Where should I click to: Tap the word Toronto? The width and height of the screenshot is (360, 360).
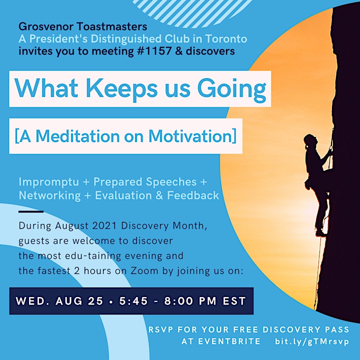coord(226,38)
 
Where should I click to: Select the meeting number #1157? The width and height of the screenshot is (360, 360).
coord(154,51)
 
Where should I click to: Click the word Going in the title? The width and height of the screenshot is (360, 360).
coord(231,89)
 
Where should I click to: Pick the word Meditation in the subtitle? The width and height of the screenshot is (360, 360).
coord(78,136)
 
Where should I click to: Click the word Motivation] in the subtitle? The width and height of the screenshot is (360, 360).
coord(192,136)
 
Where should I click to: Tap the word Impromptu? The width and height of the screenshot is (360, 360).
coord(49,182)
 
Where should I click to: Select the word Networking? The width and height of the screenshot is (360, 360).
coord(49,195)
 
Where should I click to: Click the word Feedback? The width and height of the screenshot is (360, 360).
coord(193,195)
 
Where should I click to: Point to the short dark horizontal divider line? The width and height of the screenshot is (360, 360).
coord(31,211)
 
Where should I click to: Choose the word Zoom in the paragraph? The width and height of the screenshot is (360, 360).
coord(144,270)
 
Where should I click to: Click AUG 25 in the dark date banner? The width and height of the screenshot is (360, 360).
coord(79,301)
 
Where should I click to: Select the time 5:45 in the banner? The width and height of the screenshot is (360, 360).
coord(133,301)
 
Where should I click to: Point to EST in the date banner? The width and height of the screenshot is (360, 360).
coord(234,301)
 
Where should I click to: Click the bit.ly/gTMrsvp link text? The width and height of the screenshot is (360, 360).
coord(312,341)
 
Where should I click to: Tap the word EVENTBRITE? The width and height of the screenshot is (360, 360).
coord(221,341)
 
